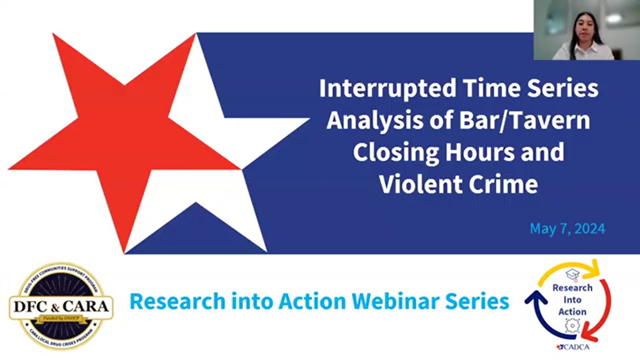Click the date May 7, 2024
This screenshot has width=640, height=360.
[567, 229]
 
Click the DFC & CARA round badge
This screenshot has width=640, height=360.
[61, 306]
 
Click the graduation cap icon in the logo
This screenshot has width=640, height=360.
[572, 274]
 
